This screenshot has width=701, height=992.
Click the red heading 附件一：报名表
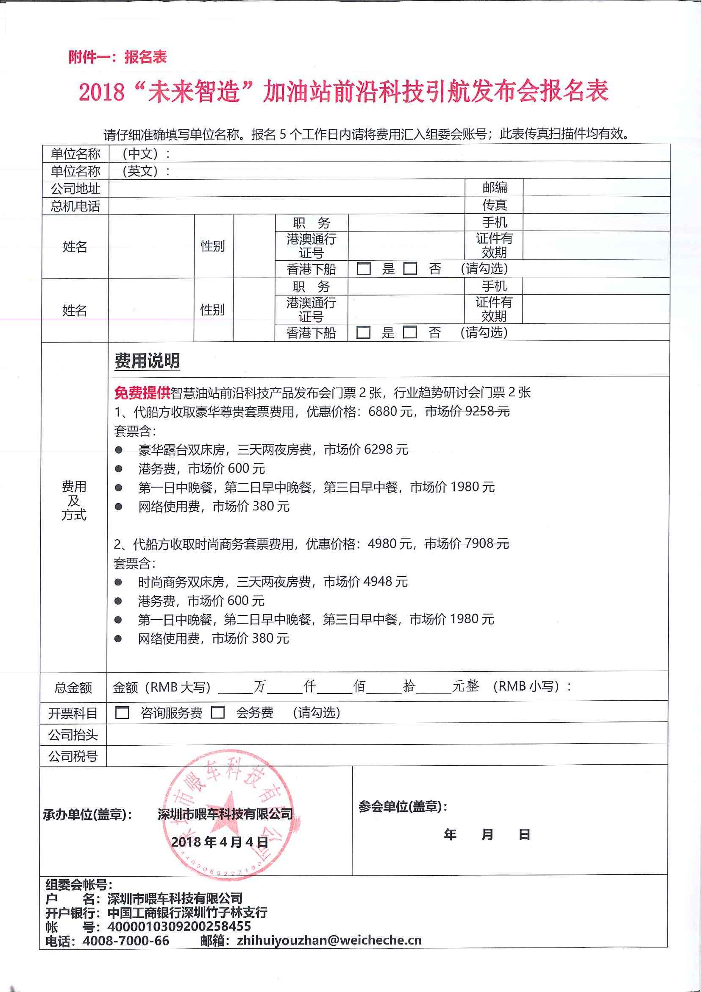pos(117,57)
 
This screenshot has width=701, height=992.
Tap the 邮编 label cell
pos(495,187)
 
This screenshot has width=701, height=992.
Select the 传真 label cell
pos(495,205)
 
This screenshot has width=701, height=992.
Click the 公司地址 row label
pos(75,188)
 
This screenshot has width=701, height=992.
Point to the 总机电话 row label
pos(75,206)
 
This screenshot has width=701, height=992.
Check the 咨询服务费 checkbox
pos(122,713)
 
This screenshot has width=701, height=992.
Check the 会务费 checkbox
pos(218,712)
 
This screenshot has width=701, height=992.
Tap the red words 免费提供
pos(142,392)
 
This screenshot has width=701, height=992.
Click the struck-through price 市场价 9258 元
pos(467,411)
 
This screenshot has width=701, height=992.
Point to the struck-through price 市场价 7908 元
pos(467,543)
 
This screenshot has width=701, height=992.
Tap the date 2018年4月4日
pos(220,842)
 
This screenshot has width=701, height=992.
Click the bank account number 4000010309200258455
pos(179,926)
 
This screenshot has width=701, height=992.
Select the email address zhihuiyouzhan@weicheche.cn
pos(329,940)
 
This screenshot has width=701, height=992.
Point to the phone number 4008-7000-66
pos(126,941)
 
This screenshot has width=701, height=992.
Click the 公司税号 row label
pos(73,756)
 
